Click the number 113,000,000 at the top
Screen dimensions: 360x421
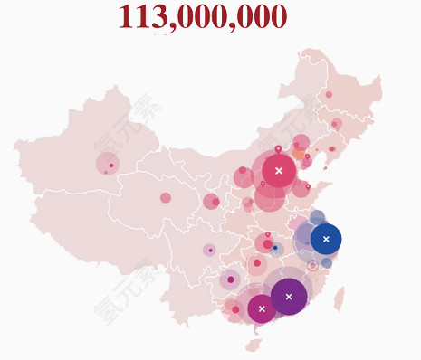click(202, 16)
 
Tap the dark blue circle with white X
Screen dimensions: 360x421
click(326, 239)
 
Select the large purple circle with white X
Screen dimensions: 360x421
click(289, 297)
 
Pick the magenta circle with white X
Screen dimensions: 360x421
click(262, 308)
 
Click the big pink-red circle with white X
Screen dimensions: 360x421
click(279, 170)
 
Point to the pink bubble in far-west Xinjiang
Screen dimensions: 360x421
click(108, 165)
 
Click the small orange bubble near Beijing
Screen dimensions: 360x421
click(299, 154)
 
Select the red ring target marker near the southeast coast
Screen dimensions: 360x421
click(312, 266)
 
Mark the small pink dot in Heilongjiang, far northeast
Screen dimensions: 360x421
click(329, 94)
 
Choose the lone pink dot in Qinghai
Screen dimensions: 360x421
click(166, 197)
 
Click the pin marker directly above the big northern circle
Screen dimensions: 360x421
click(278, 149)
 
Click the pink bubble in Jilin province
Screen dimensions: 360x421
click(336, 124)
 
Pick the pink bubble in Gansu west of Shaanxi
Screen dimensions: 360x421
click(211, 201)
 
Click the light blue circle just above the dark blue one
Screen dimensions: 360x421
click(317, 217)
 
